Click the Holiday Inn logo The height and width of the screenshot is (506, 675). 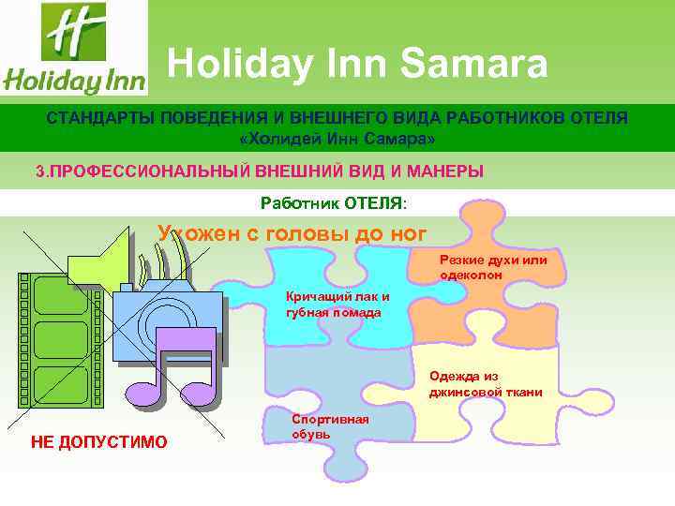pyautogui.click(x=74, y=49)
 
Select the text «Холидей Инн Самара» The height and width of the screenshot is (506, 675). pyautogui.click(x=337, y=139)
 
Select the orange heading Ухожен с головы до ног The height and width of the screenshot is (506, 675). pyautogui.click(x=292, y=233)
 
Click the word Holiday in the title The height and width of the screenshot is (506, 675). pyautogui.click(x=244, y=65)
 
